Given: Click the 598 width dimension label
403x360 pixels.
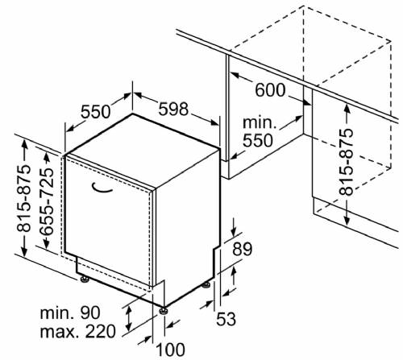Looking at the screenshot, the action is pos(173,109).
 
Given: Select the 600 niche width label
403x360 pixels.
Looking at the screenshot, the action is pos(270,90).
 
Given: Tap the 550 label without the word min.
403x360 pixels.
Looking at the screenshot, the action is pos(96,112).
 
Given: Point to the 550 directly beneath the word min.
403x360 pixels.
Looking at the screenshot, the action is pos(258,140).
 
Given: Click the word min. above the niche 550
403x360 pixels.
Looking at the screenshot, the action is pos(260,122).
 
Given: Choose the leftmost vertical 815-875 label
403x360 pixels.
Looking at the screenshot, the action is pos(23,199).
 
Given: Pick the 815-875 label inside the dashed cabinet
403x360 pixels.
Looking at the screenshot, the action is pos(346,162).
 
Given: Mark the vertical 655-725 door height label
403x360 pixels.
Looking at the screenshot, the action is pos(46,202).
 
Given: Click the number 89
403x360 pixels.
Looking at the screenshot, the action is pos(242,250).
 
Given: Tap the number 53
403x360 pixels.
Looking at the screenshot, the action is pos(226,319).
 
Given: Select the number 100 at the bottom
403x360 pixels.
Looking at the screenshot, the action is pos(171,350).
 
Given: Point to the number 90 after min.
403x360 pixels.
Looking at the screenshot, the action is pos(90,312).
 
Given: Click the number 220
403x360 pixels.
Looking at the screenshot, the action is pos(101,331).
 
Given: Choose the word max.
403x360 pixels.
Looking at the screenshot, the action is pos(60,332).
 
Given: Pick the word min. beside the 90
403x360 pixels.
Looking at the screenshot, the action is pos(56,313).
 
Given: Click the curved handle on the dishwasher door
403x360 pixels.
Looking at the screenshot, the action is pos(102,188).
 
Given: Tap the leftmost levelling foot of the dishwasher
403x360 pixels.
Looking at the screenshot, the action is pos(85,279).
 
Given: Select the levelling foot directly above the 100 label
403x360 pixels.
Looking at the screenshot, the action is pos(164,310).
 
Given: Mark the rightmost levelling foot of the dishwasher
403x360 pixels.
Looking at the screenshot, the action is pos(206,285).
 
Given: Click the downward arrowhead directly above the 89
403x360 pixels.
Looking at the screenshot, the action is pos(234,233).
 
